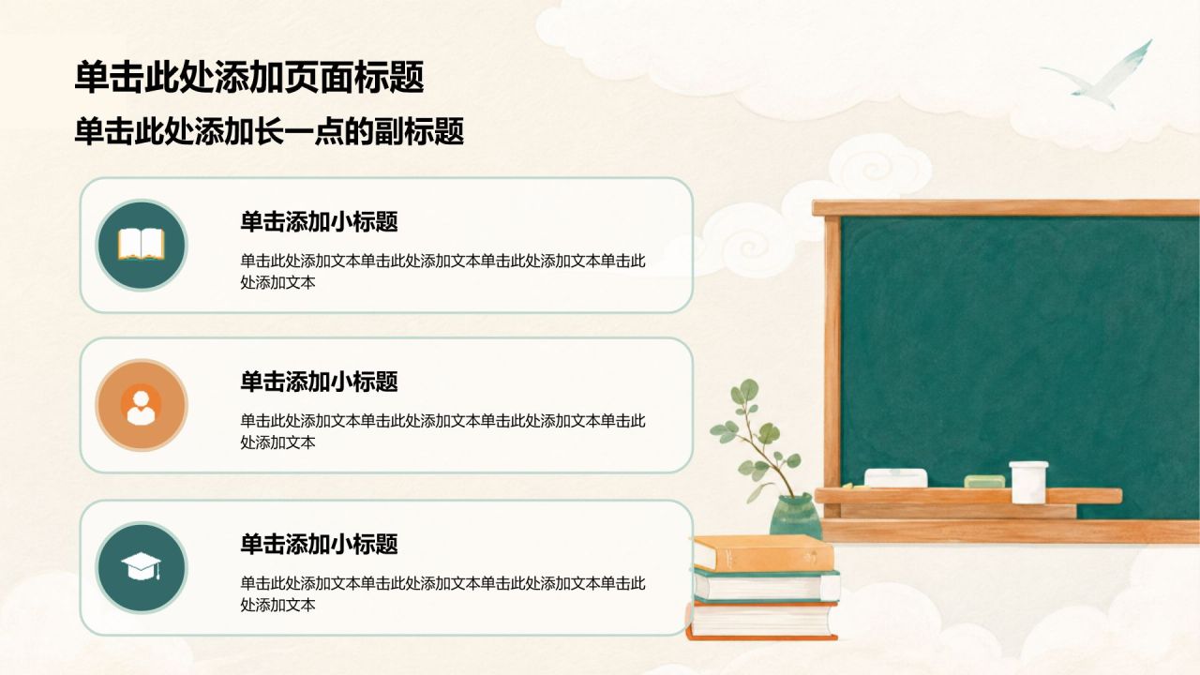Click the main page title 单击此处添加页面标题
click(x=249, y=78)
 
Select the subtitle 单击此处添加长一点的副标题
click(x=269, y=131)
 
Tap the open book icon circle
click(x=142, y=246)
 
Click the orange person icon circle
click(x=142, y=405)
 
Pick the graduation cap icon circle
click(x=142, y=568)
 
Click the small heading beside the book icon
click(x=319, y=222)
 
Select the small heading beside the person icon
click(x=319, y=382)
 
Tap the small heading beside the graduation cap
click(x=319, y=545)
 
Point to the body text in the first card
click(x=442, y=272)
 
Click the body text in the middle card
click(x=442, y=432)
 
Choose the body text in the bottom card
click(x=442, y=594)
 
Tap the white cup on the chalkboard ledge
click(x=1028, y=482)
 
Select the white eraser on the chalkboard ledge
click(x=895, y=478)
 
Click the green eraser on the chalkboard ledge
click(x=984, y=481)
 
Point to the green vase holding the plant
click(x=794, y=517)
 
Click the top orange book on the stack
click(x=763, y=553)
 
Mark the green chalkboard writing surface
click(x=1018, y=348)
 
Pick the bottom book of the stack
click(x=762, y=621)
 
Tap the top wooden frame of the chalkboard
click(x=1006, y=208)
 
